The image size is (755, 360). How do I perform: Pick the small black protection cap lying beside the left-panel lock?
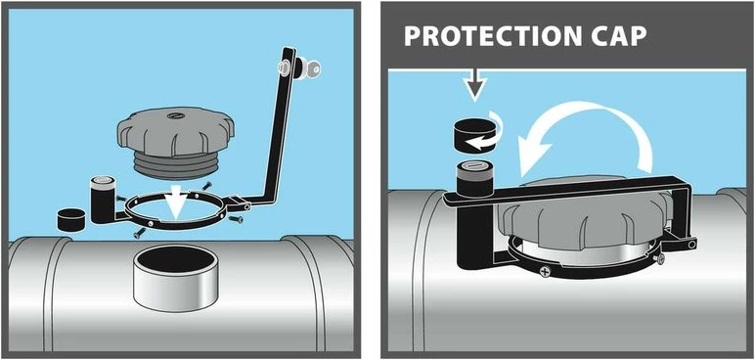pos(71,220)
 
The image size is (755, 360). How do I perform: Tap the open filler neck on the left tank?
pos(175,277)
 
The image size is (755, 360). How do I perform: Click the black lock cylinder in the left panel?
pos(102,199)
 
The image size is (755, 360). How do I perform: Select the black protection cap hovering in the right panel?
pos(474,135)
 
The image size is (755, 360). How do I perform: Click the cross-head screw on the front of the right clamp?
pos(545,272)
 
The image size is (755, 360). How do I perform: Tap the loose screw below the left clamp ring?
pos(139,233)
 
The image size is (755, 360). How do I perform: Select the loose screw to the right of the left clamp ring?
pos(236,220)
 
